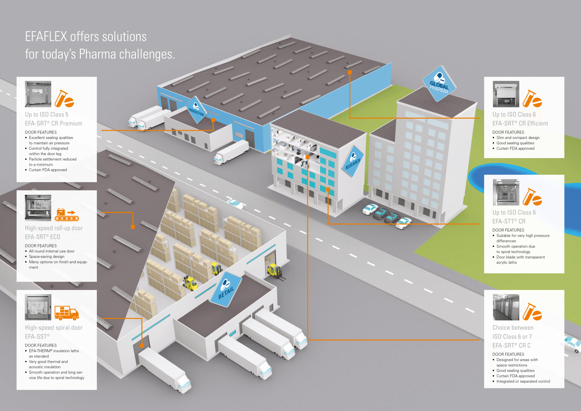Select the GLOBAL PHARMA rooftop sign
439,84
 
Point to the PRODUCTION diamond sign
196,110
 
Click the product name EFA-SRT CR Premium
54,123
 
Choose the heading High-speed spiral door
54,328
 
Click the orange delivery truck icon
67,313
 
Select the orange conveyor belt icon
67,215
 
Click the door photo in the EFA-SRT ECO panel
38,208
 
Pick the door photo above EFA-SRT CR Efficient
506,94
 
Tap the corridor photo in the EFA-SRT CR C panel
506,307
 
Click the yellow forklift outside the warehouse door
274,270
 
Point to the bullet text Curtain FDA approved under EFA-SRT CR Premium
48,170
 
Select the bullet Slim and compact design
518,138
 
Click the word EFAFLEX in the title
46,37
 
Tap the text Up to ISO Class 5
47,115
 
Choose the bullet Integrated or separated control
523,381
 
